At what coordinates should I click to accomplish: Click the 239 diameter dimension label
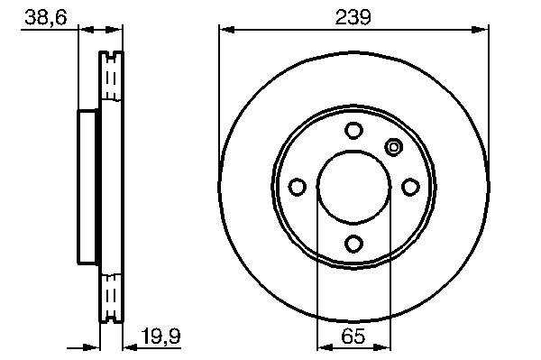353,17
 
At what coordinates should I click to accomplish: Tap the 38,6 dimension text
46,17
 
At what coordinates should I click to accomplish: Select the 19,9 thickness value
161,337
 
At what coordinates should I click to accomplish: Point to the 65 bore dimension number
353,337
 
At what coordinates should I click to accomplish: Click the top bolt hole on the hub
353,131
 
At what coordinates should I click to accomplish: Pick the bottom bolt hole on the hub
353,244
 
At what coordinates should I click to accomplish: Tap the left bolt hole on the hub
297,187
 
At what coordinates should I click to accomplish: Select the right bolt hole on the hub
410,187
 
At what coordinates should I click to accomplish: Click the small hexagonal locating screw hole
393,147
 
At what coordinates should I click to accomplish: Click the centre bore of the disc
353,187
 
